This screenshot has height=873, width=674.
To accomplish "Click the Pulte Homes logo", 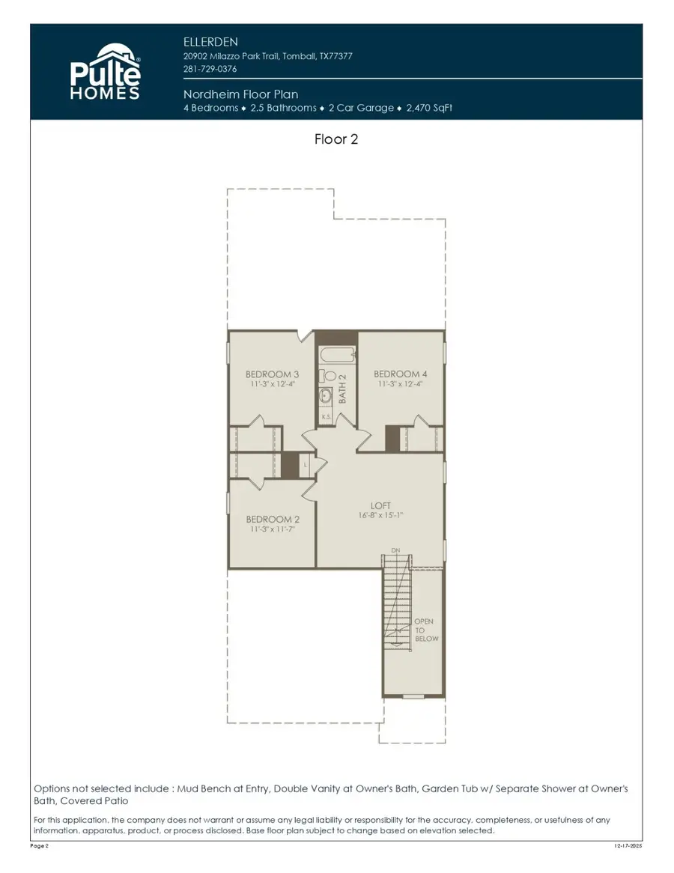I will point(105,71).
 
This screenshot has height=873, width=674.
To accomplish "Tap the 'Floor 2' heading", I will point(336,139).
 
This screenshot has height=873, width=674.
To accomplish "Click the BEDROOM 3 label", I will point(272,374).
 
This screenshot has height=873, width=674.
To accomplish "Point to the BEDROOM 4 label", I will point(401,374).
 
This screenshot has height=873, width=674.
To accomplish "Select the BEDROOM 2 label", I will point(273,519).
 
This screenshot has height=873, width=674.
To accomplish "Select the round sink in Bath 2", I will point(327,396).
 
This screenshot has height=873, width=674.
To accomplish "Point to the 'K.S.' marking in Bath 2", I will point(326,416).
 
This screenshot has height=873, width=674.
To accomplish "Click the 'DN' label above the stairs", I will point(395,550).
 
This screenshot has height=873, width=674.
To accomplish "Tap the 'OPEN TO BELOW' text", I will point(426,630).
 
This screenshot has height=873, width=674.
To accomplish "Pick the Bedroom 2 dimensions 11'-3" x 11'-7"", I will point(273,529).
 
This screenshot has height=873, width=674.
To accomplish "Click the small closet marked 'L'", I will point(306,465).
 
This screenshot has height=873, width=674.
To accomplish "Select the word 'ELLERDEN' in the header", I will point(210,41).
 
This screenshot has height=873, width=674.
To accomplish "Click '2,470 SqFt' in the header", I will point(429,108).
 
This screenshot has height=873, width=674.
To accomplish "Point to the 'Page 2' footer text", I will point(40,846).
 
